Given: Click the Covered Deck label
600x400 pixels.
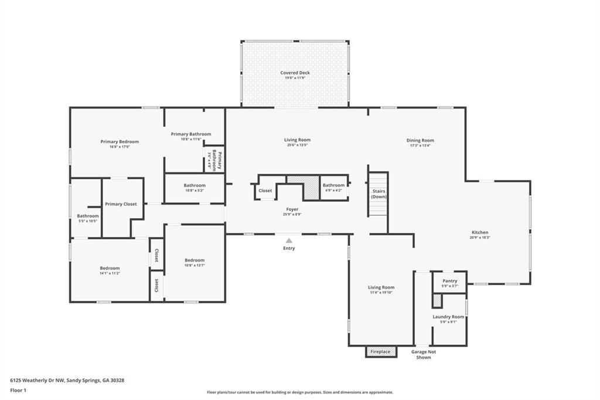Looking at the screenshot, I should (x=295, y=73).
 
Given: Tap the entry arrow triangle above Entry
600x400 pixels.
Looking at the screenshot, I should (x=289, y=240).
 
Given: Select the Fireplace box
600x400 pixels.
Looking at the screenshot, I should (x=380, y=351).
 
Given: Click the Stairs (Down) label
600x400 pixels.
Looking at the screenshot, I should (x=379, y=194).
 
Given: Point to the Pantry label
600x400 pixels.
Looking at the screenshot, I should (x=449, y=281).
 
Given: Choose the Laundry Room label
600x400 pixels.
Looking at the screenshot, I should (x=448, y=317).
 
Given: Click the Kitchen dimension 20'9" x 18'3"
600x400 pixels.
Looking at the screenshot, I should (x=480, y=238).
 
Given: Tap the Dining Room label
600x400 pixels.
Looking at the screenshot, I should (x=420, y=140).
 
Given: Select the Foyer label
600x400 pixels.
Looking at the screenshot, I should (x=292, y=209).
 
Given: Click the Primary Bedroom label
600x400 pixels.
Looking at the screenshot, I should (x=120, y=141).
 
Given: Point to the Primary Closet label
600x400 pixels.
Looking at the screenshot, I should (x=121, y=204).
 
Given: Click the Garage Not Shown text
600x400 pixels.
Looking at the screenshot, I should (x=423, y=354).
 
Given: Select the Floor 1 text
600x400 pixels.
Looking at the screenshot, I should (x=19, y=389).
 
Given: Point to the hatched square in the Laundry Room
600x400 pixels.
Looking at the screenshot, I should (x=437, y=300).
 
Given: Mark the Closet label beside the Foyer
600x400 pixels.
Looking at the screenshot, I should (x=265, y=191).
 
